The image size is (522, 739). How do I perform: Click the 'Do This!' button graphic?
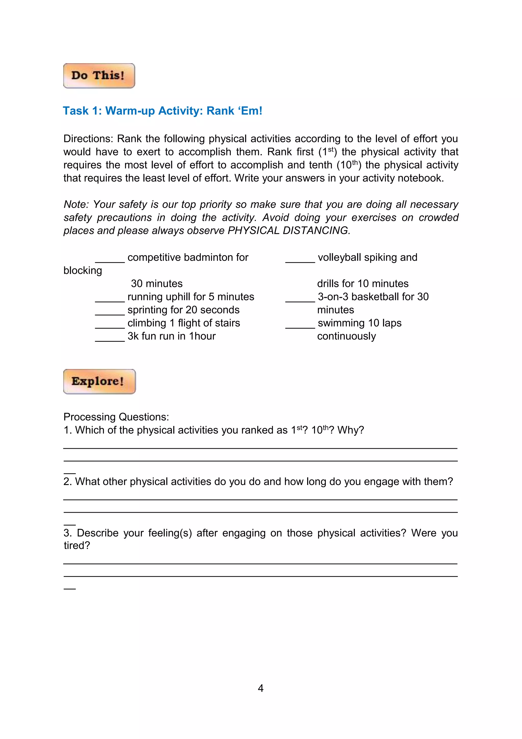coord(99,76)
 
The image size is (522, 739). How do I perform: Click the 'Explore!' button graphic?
coord(99,381)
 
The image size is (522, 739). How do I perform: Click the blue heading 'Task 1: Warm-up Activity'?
coord(162,111)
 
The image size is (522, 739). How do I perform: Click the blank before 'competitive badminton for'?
coord(110,260)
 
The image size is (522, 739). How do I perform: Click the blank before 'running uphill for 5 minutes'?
coord(110,299)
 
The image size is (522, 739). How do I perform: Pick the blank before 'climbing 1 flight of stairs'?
coord(110,326)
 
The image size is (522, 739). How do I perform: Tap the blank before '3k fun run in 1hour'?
coord(110,339)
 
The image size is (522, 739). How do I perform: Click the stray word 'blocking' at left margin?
coord(83,271)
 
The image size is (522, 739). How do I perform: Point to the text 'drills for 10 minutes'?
coord(363,284)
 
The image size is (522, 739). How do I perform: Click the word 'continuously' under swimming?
coord(346,336)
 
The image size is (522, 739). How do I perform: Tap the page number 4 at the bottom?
coord(261,688)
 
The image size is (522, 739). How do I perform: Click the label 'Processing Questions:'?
coord(116,417)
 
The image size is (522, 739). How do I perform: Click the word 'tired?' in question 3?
coord(77,546)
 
